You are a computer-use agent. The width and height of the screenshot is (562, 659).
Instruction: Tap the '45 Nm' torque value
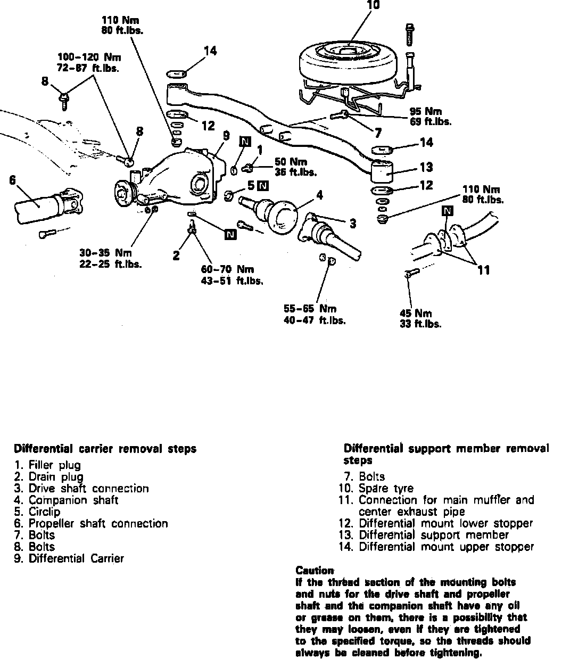tap(416, 314)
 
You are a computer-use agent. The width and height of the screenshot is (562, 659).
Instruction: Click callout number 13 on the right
tap(426, 167)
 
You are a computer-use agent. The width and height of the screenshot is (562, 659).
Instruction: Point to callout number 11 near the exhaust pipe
tap(483, 270)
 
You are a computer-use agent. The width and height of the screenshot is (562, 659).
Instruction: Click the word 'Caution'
tap(315, 571)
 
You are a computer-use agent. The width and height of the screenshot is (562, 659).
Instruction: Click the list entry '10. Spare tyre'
tap(375, 488)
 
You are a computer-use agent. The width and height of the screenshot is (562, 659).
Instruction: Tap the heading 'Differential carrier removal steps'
tap(105, 449)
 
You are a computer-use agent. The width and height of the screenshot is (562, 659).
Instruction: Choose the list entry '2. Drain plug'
tap(48, 476)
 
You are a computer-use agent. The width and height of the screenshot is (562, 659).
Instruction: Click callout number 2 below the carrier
tap(176, 256)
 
